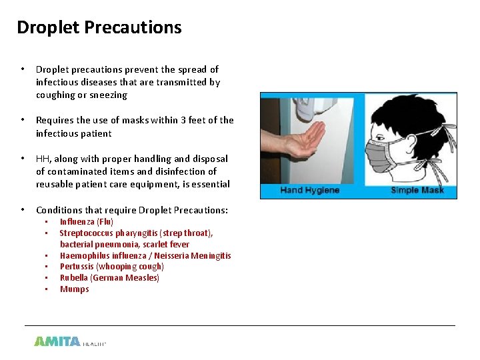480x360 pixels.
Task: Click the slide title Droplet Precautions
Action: (99, 27)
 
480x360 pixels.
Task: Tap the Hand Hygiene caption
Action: (309, 191)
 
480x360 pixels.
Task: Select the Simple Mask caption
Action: (414, 191)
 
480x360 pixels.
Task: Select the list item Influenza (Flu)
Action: (87, 221)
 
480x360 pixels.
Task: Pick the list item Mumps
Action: (74, 289)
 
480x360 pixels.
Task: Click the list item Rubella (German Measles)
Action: (109, 278)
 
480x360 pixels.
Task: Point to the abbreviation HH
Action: (43, 159)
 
